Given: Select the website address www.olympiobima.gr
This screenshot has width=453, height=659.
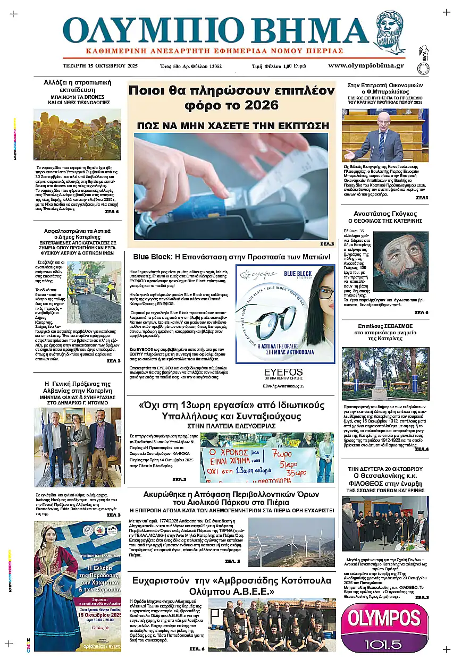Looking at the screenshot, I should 366,66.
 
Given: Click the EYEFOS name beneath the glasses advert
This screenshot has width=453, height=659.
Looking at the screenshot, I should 284,372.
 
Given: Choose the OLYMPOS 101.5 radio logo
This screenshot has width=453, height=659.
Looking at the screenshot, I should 384,627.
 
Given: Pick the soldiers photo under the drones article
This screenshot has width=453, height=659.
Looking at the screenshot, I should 77,134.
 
